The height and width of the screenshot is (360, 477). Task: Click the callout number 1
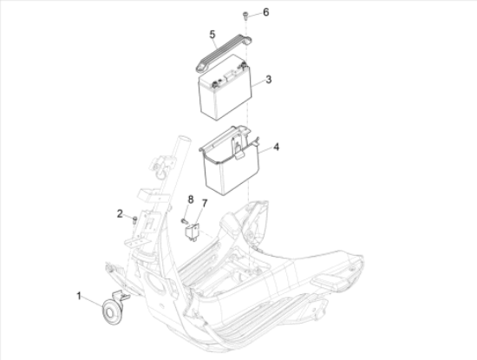79,296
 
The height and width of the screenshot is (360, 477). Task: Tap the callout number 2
120,213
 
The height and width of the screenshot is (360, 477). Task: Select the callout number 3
268,80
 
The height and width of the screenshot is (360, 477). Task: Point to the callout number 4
276,147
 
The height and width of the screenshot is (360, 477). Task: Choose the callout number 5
212,35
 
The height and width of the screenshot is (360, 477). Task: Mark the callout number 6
266,12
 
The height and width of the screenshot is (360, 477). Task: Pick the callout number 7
205,203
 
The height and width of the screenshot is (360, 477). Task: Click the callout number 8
191,200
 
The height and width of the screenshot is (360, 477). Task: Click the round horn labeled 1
112,311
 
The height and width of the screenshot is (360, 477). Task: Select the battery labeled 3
225,88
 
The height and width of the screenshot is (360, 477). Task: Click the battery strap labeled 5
224,53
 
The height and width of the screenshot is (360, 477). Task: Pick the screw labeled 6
245,16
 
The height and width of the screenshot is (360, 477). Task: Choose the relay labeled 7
192,232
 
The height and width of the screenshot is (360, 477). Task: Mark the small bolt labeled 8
184,221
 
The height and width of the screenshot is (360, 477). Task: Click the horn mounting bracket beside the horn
121,296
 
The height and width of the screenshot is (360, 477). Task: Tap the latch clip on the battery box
238,150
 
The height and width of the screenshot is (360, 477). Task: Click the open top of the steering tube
185,140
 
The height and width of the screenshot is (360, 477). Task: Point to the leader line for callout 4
265,150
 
